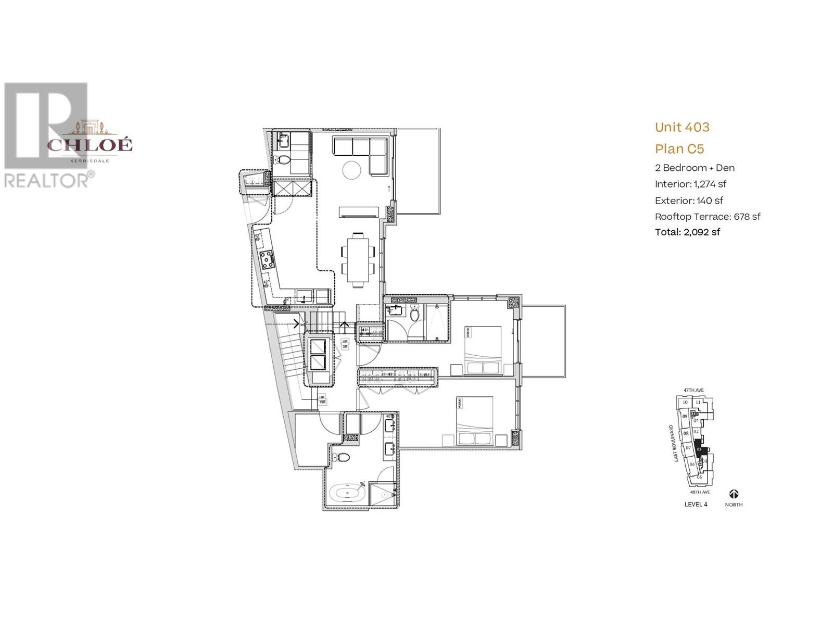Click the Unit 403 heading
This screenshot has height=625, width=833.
tap(681, 127)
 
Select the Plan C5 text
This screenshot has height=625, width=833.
tap(679, 149)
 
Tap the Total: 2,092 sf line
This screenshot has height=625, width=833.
tap(687, 232)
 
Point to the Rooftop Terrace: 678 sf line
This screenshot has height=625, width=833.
tap(707, 217)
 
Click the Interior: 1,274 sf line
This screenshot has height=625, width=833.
tap(690, 184)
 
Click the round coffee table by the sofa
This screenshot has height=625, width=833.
tap(351, 170)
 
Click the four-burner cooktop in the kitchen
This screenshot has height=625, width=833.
tap(267, 259)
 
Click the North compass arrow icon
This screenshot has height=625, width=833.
tap(734, 494)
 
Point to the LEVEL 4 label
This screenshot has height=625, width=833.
tap(696, 504)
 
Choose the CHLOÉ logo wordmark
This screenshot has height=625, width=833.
tap(90, 145)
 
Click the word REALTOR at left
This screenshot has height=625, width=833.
tap(46, 181)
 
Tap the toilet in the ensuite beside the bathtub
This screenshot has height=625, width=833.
tap(342, 458)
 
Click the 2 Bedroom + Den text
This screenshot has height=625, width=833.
tap(694, 168)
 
